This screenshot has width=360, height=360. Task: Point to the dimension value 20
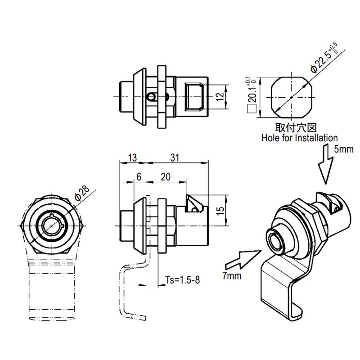tap(165, 177)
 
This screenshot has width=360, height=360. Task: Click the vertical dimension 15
tap(220, 211)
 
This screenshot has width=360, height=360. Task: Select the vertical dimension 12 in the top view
tap(220, 96)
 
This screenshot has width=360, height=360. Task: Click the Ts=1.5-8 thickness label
tap(182, 280)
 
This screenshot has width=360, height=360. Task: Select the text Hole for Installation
tap(299, 138)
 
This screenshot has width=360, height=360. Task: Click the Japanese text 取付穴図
tap(293, 128)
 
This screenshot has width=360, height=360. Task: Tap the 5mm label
tap(344, 149)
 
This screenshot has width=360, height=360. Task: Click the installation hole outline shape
tap(292, 97)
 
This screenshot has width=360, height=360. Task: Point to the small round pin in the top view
tap(153, 96)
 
